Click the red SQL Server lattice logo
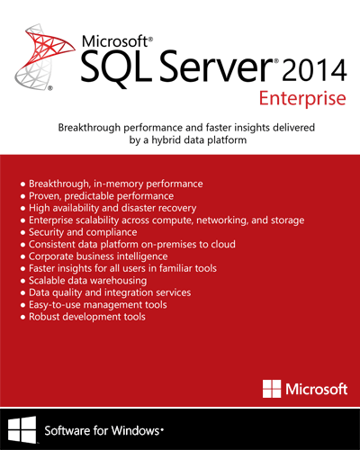[x=45, y=57]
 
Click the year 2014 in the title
[x=314, y=71]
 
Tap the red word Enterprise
[x=302, y=99]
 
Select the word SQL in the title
[x=116, y=67]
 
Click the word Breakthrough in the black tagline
[x=89, y=128]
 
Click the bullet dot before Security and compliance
[x=22, y=233]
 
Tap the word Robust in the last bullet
[x=44, y=317]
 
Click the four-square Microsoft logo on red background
[x=272, y=389]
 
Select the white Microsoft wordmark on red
[x=317, y=389]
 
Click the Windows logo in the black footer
[x=22, y=429]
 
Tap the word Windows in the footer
[x=136, y=431]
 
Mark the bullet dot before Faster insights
[x=22, y=269]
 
